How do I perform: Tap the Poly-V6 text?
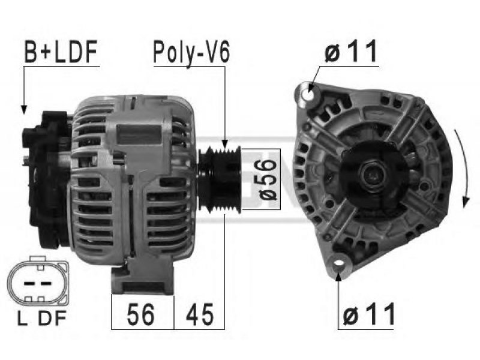tap(191, 52)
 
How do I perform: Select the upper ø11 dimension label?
tap(351, 52)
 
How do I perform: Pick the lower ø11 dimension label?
tap(369, 314)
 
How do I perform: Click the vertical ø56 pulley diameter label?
tap(265, 179)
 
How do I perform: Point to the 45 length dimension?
tap(199, 314)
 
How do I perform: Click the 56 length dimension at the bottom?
tap(140, 314)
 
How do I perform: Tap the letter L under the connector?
tap(22, 319)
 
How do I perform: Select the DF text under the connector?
tap(52, 319)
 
